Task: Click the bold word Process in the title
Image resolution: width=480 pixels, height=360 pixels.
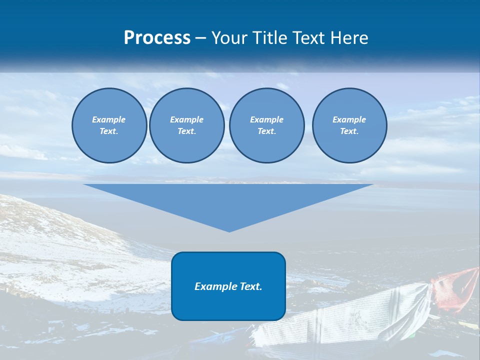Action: click(157, 38)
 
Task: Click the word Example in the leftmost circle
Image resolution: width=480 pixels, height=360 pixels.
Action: click(109, 119)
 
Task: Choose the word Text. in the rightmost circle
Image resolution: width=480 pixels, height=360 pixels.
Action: click(349, 131)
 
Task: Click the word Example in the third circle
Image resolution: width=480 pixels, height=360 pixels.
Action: click(266, 119)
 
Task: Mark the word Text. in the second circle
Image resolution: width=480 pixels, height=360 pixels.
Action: click(186, 131)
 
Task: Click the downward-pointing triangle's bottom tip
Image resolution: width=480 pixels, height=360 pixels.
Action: click(229, 230)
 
